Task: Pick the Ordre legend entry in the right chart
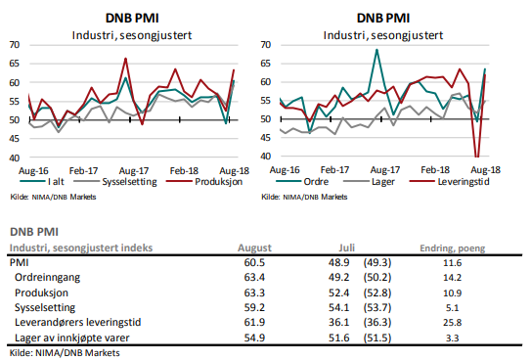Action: pos(310,181)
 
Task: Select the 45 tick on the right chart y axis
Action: pos(268,137)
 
